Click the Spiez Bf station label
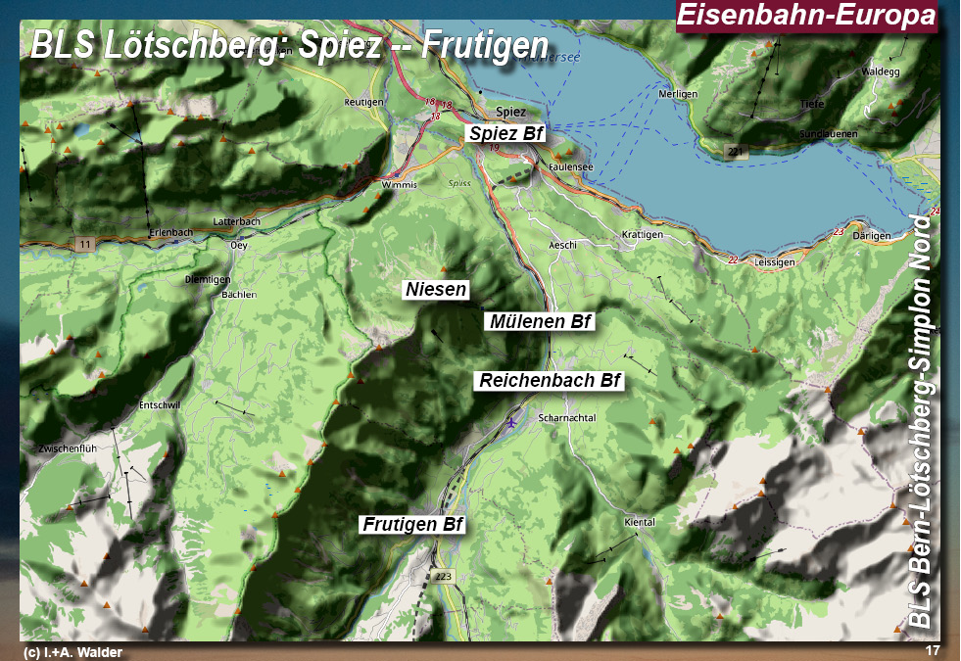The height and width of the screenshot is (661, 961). (505, 133)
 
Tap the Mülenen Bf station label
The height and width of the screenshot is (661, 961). (539, 321)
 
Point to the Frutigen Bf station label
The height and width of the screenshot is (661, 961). (412, 525)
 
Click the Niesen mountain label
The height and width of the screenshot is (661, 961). (436, 290)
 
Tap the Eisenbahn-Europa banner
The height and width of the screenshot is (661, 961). (806, 17)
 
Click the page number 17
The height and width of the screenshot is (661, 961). (932, 651)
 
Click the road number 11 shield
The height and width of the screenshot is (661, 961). (85, 243)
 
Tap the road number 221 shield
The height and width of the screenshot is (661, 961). (736, 151)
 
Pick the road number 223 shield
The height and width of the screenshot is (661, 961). (444, 576)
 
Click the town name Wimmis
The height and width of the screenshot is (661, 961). (401, 184)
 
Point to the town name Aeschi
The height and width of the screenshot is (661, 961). (562, 244)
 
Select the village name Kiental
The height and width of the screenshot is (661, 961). (638, 522)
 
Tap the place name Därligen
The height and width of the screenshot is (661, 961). (871, 236)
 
